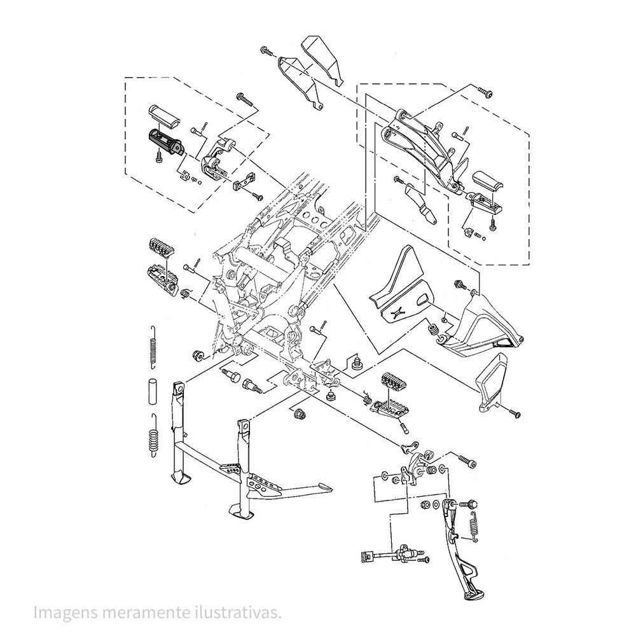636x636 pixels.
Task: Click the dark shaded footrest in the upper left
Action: tap(167, 142)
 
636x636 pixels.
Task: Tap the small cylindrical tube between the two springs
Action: tap(152, 391)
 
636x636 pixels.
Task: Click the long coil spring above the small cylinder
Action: tap(153, 347)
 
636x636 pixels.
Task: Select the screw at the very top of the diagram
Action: tap(267, 51)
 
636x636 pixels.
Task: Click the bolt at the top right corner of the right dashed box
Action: tap(485, 92)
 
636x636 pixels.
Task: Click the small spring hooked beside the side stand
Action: tap(473, 527)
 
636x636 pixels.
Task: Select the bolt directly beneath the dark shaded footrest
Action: tap(159, 156)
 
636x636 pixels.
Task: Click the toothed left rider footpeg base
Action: tap(162, 277)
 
